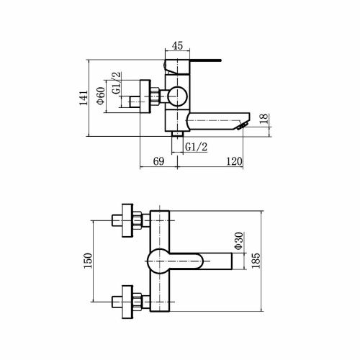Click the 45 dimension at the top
tap(178, 45)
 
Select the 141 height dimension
tap(84, 98)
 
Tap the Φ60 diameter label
tap(101, 96)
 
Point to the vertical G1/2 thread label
tap(117, 83)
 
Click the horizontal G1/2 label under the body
tap(197, 147)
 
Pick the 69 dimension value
tap(158, 161)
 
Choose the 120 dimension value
tap(234, 161)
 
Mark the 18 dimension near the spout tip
tap(264, 119)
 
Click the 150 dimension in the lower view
tap(88, 261)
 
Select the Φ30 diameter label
tap(239, 241)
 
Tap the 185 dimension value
tap(256, 261)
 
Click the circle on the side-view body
tap(177, 96)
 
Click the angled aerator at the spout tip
tap(242, 125)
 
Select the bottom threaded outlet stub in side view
tap(177, 134)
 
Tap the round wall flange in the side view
tap(145, 96)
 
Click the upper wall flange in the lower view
tap(127, 220)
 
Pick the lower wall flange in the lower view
tap(127, 302)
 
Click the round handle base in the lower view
tap(158, 261)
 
